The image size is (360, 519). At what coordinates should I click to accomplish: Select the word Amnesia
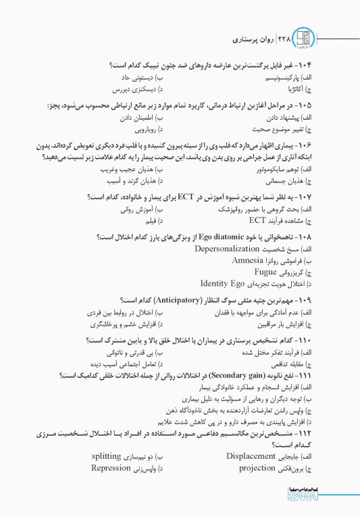pyautogui.click(x=251, y=260)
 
